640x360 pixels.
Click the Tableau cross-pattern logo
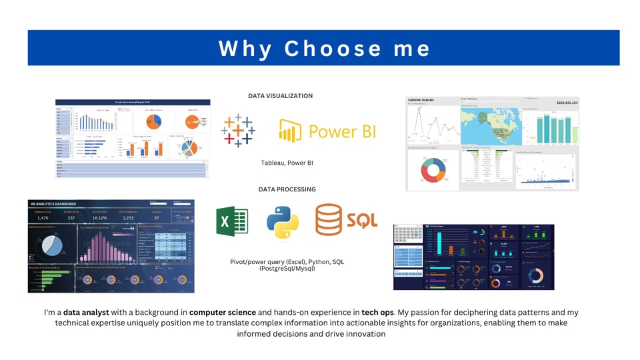[238, 130]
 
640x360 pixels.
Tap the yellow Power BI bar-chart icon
[287, 131]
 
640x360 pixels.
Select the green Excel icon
[232, 221]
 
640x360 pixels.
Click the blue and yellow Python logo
[283, 222]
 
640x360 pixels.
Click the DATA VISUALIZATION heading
[280, 96]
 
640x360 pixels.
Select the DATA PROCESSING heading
[287, 189]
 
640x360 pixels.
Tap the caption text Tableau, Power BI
[287, 163]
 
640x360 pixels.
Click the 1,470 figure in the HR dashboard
[43, 218]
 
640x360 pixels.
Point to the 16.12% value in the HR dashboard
[99, 218]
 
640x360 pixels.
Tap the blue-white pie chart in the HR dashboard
[51, 245]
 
